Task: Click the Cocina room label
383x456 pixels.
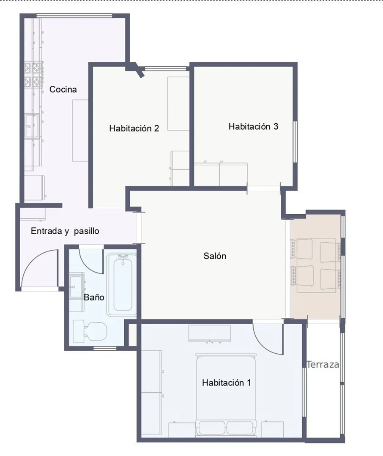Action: (63, 89)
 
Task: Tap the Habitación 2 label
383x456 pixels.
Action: (134, 128)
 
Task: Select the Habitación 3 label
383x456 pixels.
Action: (253, 126)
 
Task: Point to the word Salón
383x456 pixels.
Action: (215, 256)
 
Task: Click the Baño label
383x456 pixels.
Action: (94, 297)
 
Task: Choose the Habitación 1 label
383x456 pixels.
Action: (226, 383)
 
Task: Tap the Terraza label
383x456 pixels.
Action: (323, 364)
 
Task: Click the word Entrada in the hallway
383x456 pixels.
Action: (47, 231)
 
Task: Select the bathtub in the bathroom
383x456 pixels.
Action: (121, 285)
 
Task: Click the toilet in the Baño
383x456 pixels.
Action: (90, 331)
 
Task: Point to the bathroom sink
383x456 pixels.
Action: (77, 287)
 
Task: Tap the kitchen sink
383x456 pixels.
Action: (31, 126)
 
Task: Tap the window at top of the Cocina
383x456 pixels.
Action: (74, 16)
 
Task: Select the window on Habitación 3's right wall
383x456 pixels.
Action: (295, 142)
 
